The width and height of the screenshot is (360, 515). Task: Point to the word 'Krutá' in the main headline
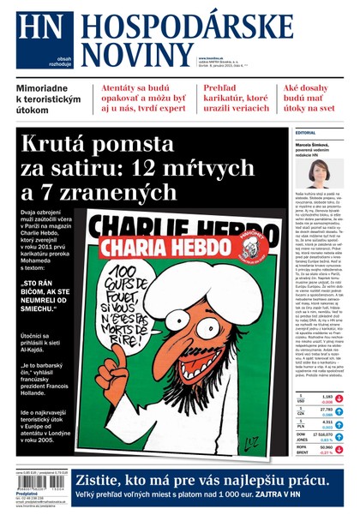pyautogui.click(x=64, y=147)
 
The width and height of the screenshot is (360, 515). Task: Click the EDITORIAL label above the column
pyautogui.click(x=305, y=133)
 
